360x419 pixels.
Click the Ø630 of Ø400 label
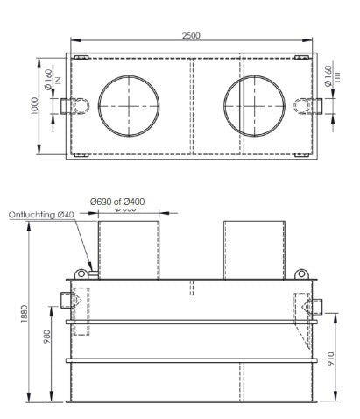click(x=117, y=201)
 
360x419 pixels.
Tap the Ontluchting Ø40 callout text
click(x=41, y=213)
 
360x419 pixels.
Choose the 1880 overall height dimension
click(x=25, y=311)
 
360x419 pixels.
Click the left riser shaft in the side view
click(x=129, y=249)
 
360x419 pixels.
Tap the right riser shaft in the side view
click(x=253, y=249)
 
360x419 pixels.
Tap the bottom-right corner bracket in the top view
click(x=303, y=155)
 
